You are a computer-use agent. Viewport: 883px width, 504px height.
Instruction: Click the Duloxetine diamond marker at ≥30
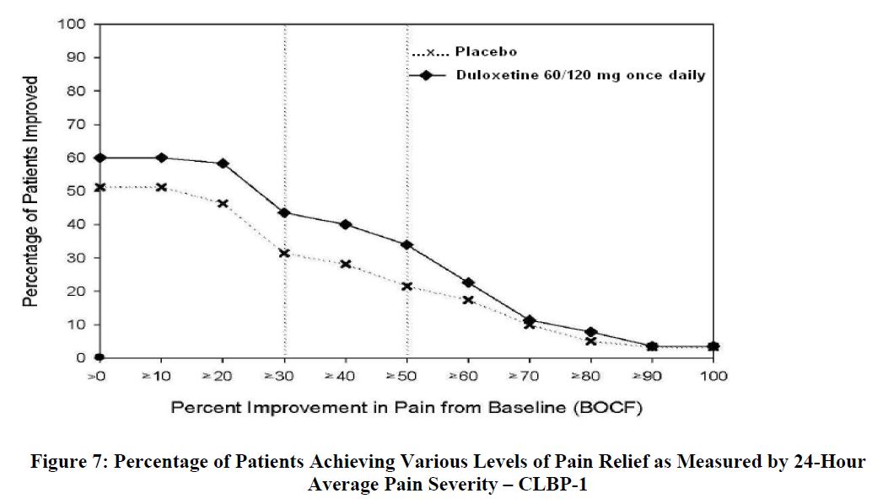point(284,212)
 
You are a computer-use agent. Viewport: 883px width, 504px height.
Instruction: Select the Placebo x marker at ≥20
point(223,203)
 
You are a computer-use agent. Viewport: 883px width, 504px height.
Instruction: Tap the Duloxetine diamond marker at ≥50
point(407,244)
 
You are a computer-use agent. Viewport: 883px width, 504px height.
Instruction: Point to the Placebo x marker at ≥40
point(346,264)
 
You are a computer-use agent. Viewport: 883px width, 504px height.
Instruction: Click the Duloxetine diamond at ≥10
point(161,158)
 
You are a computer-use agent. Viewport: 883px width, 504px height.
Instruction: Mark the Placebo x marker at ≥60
point(468,300)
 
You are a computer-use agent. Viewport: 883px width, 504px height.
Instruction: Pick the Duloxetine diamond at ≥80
point(590,332)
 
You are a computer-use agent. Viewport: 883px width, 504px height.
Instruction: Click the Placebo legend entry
point(464,52)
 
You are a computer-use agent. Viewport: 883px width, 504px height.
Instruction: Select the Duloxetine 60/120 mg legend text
point(580,75)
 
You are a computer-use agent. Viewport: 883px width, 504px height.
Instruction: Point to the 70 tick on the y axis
point(74,124)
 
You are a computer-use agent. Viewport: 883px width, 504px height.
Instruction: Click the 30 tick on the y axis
point(74,258)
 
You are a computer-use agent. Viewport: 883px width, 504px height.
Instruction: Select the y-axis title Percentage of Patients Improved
point(31,191)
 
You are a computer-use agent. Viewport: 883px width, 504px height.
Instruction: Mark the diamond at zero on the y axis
point(100,357)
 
